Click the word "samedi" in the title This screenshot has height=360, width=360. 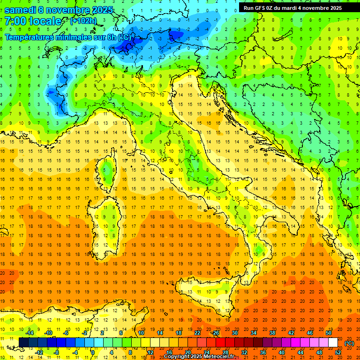(x=22, y=10)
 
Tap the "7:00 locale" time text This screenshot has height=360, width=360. (x=32, y=21)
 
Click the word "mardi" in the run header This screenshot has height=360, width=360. (x=294, y=8)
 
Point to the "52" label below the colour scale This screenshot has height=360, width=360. (x=337, y=352)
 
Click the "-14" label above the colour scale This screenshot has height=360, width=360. (x=29, y=333)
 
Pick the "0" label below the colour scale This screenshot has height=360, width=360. (x=92, y=352)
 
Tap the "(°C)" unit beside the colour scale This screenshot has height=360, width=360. (x=349, y=343)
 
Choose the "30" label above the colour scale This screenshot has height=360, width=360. (x=234, y=333)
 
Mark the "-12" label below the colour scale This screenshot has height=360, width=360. (x=39, y=352)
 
